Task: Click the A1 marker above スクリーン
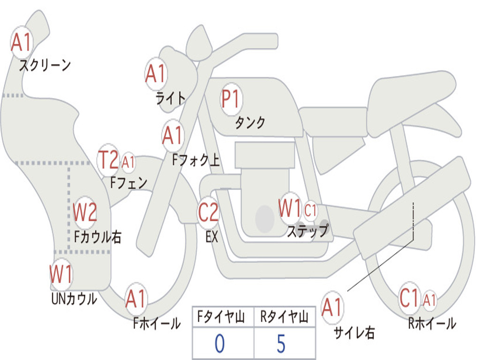coord(22,42)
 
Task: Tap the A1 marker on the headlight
coord(156,74)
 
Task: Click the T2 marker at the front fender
coord(108,159)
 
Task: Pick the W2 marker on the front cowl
coord(85,212)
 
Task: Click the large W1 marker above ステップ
coord(290,208)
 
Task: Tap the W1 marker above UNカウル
coord(61,274)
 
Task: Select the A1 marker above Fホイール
coord(136,299)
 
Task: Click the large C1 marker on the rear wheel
coord(409,298)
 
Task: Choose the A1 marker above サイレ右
coord(332,307)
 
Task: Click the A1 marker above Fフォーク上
coord(173,135)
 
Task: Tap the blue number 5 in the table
coord(281,344)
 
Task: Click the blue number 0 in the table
coord(219,344)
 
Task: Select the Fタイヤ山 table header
coord(221,316)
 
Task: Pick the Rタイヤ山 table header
coord(284,316)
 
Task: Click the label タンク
coord(250,122)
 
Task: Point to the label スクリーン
coord(45,65)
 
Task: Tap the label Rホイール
coord(432,323)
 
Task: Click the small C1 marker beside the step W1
coord(310,210)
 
